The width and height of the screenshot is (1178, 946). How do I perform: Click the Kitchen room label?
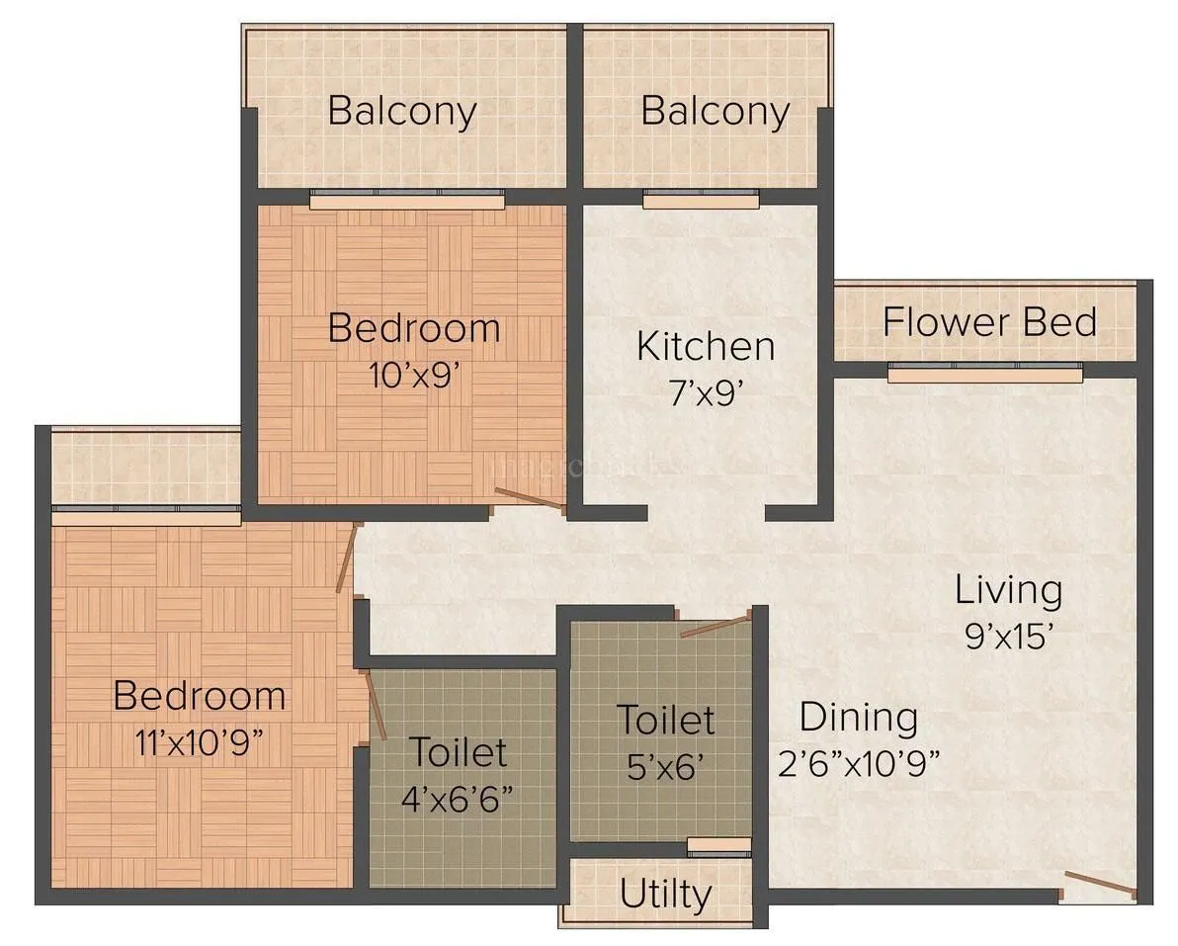point(705,347)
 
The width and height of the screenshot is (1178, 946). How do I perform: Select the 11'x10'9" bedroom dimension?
point(199,743)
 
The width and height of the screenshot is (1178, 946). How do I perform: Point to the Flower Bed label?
point(989,322)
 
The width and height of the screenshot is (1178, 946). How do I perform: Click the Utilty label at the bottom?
point(666,895)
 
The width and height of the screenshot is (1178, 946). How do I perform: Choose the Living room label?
point(1008,590)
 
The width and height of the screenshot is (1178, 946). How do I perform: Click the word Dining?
point(858,717)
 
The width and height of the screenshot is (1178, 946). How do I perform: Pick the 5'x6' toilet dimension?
point(665,767)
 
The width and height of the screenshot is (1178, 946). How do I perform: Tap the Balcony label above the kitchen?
point(715,111)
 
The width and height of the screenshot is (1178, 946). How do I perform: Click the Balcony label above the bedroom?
point(402,111)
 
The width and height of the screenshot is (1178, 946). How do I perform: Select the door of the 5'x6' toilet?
point(716,626)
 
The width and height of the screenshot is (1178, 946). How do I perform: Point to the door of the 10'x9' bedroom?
point(530,499)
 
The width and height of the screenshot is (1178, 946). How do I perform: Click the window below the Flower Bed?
point(984,374)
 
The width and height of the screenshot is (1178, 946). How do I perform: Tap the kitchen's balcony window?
point(701,201)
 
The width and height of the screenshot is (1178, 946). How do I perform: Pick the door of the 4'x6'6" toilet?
point(375,705)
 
